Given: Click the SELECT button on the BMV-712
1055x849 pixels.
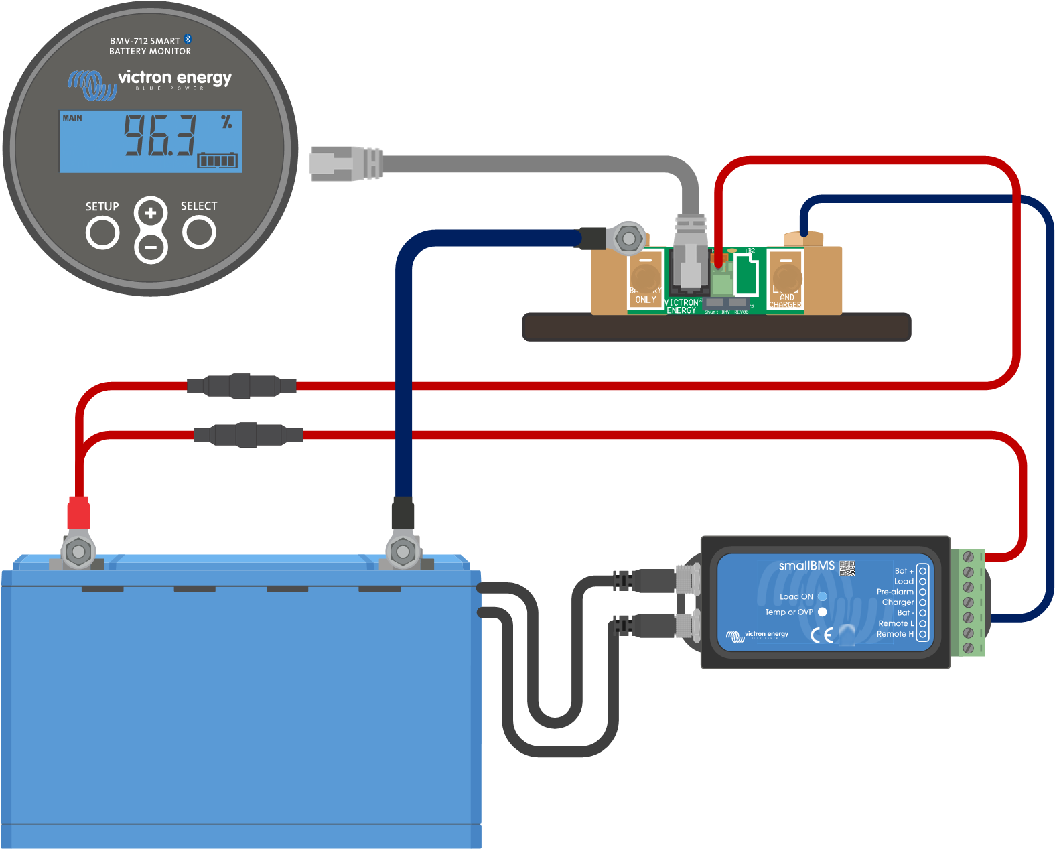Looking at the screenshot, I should coord(200,233).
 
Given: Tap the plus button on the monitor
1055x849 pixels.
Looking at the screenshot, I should coord(151,214).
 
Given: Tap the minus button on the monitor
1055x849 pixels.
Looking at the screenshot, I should coord(151,247).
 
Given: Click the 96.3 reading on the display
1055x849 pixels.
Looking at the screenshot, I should coord(160,136).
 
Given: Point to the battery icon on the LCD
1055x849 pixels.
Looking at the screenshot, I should coord(217,160).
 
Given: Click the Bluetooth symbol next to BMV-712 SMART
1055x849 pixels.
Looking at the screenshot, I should coord(188,40).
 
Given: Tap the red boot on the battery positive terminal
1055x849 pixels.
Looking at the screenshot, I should coord(78,513).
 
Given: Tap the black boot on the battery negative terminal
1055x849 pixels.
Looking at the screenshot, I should coord(403,513).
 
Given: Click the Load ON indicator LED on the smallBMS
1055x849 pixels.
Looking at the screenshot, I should coord(822,596).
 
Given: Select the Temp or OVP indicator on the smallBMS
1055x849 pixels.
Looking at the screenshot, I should coord(822,612).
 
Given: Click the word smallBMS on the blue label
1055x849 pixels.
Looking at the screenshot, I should coord(806,566).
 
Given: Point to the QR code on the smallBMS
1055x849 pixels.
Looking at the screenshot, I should coord(847,568).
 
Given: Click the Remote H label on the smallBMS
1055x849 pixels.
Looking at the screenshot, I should coord(895,634).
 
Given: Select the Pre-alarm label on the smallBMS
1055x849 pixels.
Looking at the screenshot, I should coord(895,592).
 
